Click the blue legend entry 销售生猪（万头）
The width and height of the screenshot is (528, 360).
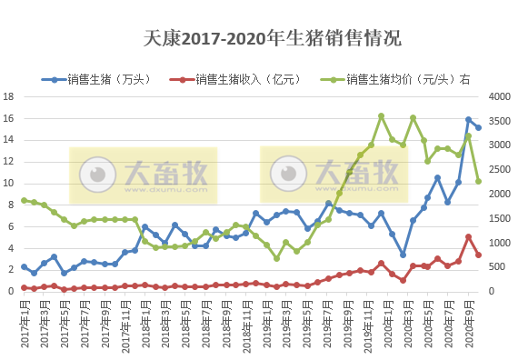pyautogui.click(x=105, y=79)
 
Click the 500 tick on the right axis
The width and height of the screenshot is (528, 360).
pyautogui.click(x=500, y=266)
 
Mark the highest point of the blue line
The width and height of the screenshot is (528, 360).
pyautogui.click(x=469, y=120)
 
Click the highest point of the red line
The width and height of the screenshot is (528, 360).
pyautogui.click(x=469, y=237)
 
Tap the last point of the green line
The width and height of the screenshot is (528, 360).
pyautogui.click(x=479, y=181)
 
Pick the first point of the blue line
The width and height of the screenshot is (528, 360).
pyautogui.click(x=25, y=266)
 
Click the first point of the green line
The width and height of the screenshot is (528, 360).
pyautogui.click(x=25, y=201)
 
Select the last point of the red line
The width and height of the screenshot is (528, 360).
pyautogui.click(x=479, y=255)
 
